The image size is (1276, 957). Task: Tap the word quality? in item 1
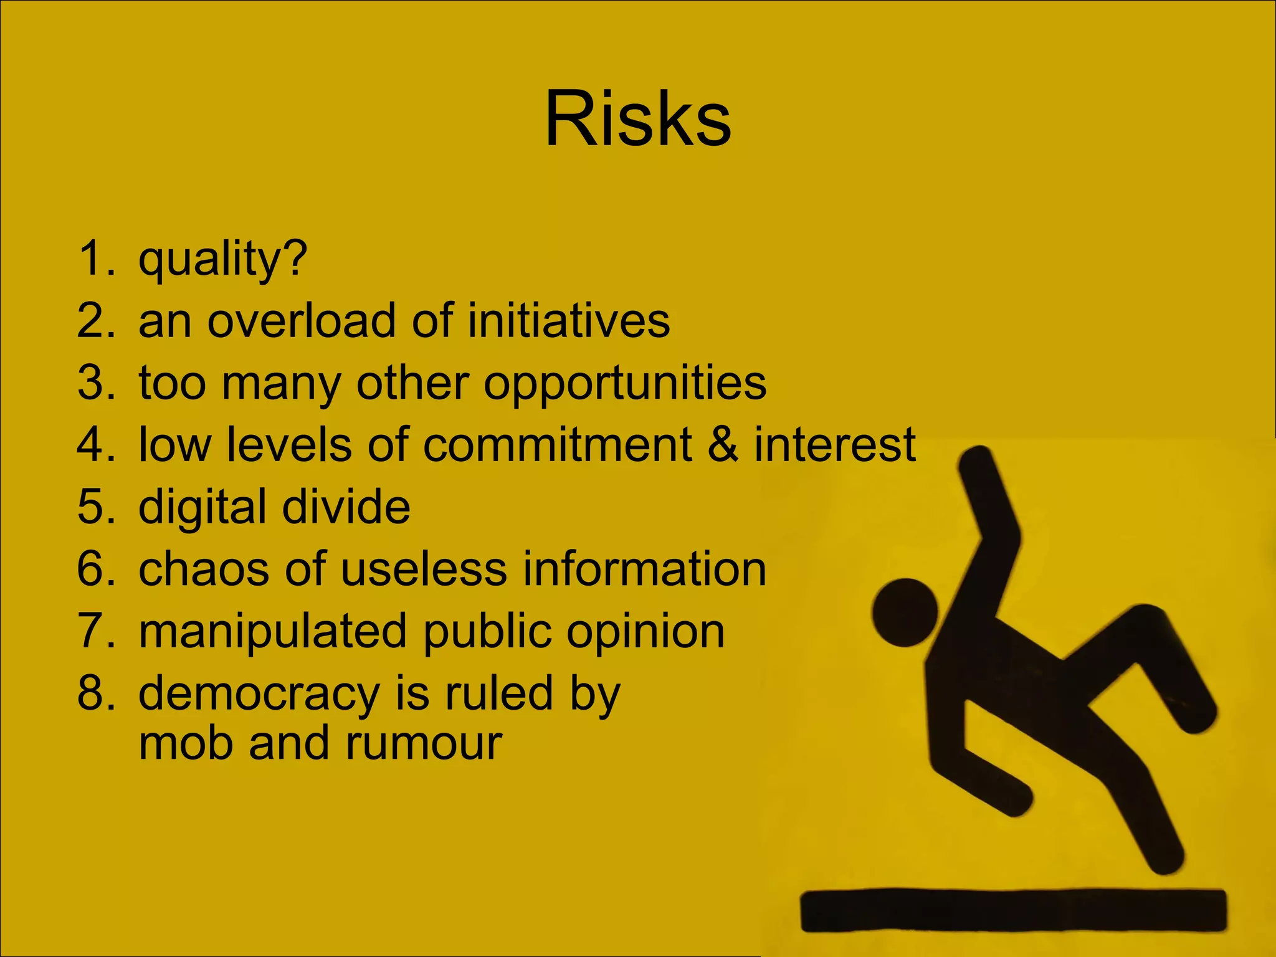point(222,259)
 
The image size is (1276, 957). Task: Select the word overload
point(301,321)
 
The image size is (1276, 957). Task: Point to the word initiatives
point(568,321)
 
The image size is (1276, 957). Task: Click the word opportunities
point(625,383)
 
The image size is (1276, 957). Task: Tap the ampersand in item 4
point(723,445)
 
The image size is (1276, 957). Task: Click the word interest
point(835,445)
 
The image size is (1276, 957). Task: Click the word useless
point(424,569)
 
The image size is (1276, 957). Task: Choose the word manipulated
point(273,631)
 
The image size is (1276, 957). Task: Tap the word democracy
point(259,693)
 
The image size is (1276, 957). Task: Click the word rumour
point(424,743)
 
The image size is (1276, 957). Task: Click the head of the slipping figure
point(905,612)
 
